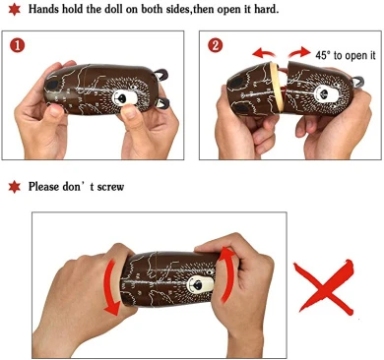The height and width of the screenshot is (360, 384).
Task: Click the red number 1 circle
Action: point(17,45)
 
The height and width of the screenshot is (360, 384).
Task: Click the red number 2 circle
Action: point(215,45)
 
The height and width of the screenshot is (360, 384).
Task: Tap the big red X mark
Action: point(324,286)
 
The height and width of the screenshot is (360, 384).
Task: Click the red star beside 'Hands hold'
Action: point(14,9)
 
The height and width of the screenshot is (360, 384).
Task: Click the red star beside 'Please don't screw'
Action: point(14,187)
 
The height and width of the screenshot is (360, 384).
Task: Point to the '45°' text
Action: point(323,55)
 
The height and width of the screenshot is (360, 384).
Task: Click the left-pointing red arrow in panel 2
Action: point(264,52)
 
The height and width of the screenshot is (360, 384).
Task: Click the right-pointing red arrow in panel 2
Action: point(298,52)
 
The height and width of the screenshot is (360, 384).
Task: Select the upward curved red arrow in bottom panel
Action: point(227,274)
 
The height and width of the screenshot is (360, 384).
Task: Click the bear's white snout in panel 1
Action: point(125,98)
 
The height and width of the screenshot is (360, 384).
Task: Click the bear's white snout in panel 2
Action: point(326,93)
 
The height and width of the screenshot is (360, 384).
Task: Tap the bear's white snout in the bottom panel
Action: point(200,284)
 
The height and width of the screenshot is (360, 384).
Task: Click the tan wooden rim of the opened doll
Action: point(275,86)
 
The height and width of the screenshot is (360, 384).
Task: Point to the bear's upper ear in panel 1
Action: point(161,75)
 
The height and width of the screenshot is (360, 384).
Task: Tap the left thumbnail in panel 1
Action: point(56,111)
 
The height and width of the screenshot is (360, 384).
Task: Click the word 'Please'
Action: point(43,187)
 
